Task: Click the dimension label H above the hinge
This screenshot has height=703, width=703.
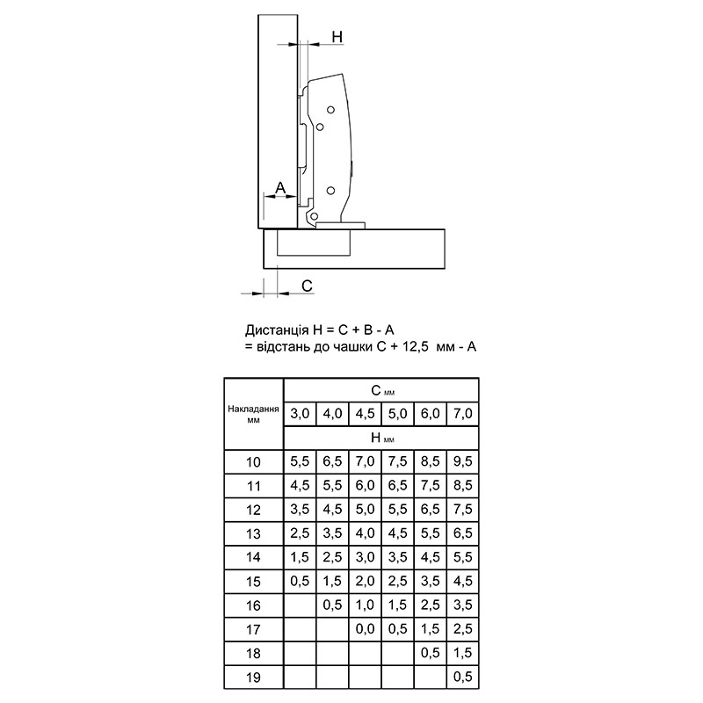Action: (337, 37)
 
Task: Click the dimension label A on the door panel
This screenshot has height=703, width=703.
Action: (280, 187)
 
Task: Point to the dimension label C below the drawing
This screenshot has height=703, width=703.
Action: (307, 286)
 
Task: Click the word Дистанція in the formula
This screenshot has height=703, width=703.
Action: (277, 330)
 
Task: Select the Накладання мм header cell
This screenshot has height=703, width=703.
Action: (253, 414)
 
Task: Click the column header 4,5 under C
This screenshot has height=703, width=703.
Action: (365, 413)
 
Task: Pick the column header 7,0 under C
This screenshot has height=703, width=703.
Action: (463, 413)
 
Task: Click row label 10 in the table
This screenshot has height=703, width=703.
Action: (253, 462)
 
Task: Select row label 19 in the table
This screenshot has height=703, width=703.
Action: (253, 677)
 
